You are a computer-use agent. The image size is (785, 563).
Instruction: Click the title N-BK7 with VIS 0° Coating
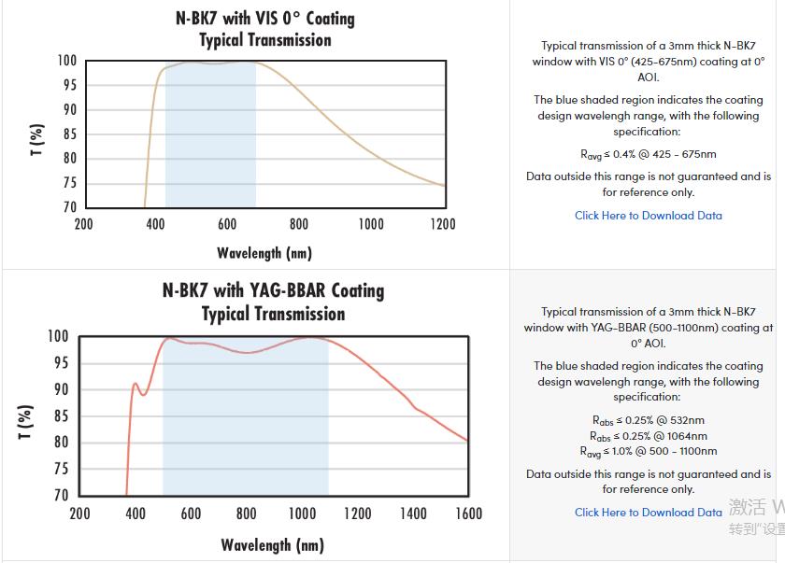[264, 19]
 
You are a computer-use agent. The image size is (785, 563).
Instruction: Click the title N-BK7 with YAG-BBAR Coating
[273, 290]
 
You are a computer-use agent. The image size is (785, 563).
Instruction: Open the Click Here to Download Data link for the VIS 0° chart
[648, 216]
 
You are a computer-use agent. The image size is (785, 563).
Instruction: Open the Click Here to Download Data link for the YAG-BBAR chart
[648, 512]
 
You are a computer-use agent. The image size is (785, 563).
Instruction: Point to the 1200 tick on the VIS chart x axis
[443, 224]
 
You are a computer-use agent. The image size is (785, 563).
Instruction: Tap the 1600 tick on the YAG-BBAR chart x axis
[468, 514]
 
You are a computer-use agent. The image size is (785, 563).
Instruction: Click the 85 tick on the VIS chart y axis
[69, 134]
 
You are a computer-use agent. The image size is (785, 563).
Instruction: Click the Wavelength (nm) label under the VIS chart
[264, 253]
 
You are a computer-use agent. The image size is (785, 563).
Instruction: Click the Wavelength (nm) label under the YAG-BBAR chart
[272, 545]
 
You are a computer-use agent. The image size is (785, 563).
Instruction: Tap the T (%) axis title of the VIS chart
[37, 139]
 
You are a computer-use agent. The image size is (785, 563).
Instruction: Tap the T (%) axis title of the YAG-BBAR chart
[26, 421]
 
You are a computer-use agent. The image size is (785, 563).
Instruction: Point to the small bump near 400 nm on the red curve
[136, 384]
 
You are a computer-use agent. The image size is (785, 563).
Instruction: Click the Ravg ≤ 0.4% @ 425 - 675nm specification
[648, 154]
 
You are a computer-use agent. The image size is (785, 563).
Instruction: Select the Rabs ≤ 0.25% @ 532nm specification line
[648, 420]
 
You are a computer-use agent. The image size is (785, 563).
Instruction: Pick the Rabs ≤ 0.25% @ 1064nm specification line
[648, 436]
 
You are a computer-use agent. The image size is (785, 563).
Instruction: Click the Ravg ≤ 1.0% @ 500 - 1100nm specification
[648, 452]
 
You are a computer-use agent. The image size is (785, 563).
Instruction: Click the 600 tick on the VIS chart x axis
[227, 224]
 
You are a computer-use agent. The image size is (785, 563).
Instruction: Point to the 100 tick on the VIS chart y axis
[66, 62]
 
